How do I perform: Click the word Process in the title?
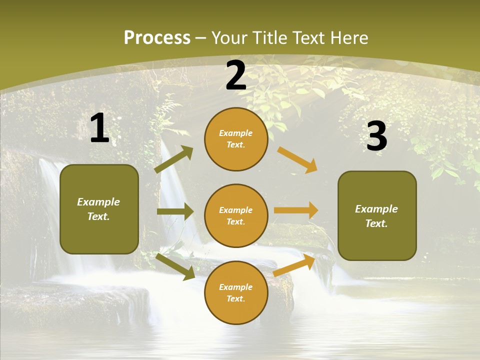coord(157,38)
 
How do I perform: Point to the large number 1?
coord(99,128)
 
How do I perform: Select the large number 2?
coord(236,76)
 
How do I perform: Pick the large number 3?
coord(377,136)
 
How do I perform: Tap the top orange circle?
coord(236,139)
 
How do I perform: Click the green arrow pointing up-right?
coord(174,159)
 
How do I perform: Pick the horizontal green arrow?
coord(175,211)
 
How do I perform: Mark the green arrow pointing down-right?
coord(175,266)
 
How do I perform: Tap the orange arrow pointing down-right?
coord(297,159)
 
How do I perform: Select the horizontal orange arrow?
coord(296,210)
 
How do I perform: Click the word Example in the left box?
coord(98,202)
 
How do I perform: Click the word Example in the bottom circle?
coord(235,287)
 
